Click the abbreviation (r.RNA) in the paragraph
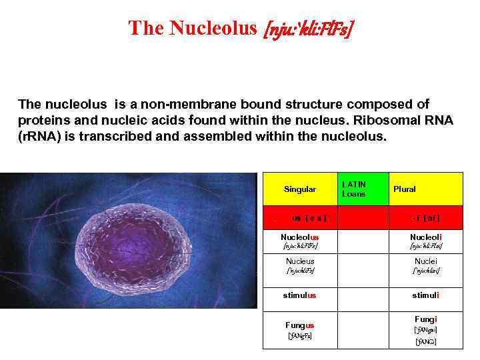(43, 136)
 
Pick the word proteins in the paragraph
(43, 121)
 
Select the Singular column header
(300, 189)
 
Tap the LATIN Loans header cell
(354, 189)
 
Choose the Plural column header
(404, 189)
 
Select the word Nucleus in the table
(300, 261)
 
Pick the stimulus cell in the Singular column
(300, 295)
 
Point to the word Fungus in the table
(300, 325)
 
